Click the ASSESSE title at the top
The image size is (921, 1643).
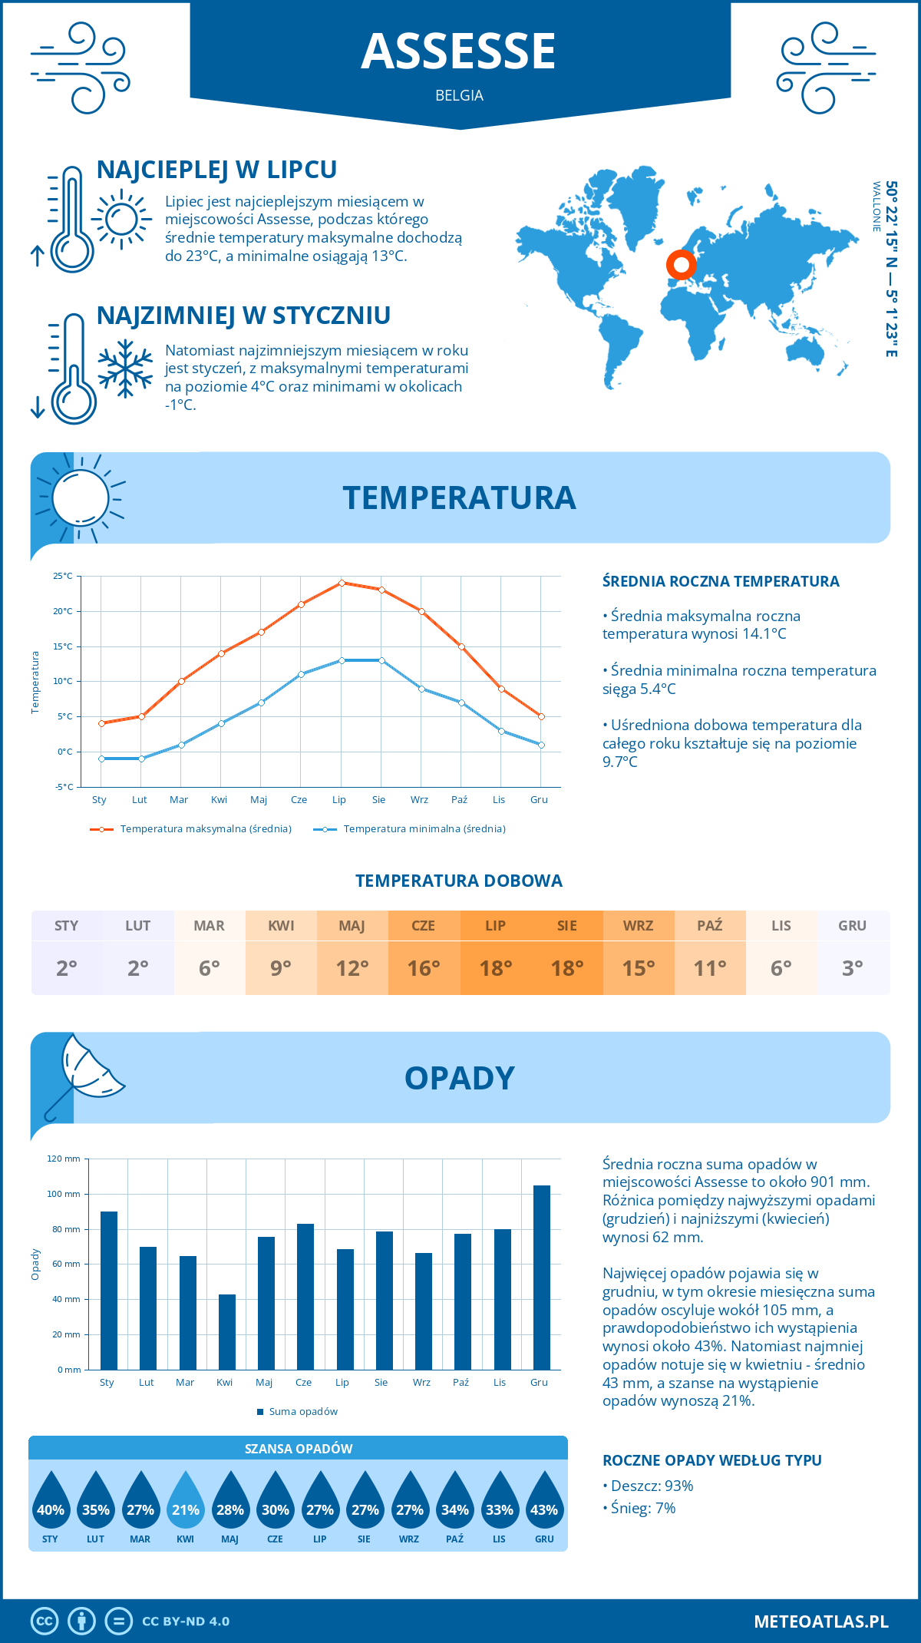pyautogui.click(x=458, y=51)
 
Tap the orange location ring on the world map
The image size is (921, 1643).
pyautogui.click(x=681, y=264)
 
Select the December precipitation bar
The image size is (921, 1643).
pyautogui.click(x=542, y=1277)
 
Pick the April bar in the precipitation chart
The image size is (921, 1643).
pyautogui.click(x=227, y=1331)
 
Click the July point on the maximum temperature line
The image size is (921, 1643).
pyautogui.click(x=342, y=583)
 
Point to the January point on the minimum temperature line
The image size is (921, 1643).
pyautogui.click(x=101, y=759)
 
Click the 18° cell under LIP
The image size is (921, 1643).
pyautogui.click(x=495, y=967)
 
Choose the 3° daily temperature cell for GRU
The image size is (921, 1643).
pyautogui.click(x=853, y=967)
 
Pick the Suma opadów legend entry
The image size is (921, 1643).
pyautogui.click(x=303, y=1411)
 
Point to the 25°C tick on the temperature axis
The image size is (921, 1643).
pyautogui.click(x=63, y=576)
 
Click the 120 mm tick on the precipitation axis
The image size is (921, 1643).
pyautogui.click(x=64, y=1159)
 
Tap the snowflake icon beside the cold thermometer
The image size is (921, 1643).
pyautogui.click(x=125, y=369)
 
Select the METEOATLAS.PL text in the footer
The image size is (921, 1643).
pyautogui.click(x=821, y=1621)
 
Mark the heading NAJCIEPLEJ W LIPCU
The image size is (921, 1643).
pyautogui.click(x=216, y=170)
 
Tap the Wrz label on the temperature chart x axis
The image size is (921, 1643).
pyautogui.click(x=419, y=800)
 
